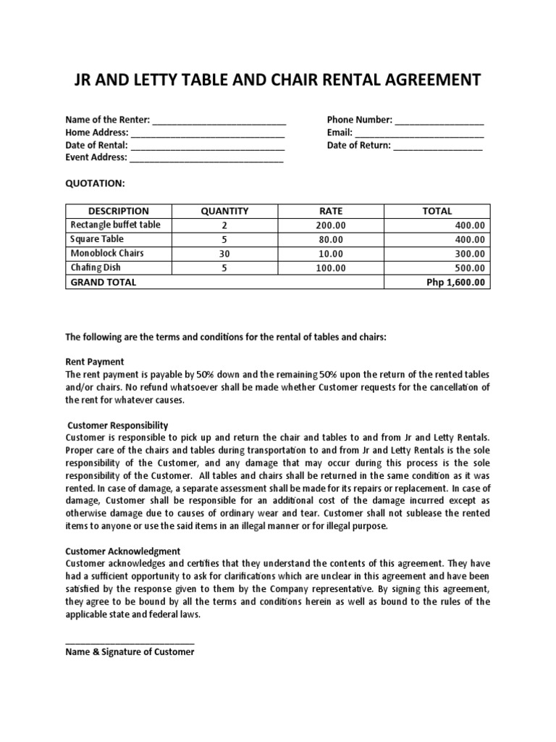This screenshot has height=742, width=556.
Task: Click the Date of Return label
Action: pyautogui.click(x=358, y=145)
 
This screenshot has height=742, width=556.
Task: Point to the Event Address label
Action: pyautogui.click(x=96, y=157)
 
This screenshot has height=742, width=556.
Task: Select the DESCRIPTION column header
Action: pyautogui.click(x=118, y=211)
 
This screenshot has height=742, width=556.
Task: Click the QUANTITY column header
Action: pyautogui.click(x=224, y=211)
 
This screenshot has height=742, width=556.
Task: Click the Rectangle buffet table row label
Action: pyautogui.click(x=115, y=225)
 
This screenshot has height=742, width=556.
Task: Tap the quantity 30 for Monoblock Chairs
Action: pyautogui.click(x=224, y=254)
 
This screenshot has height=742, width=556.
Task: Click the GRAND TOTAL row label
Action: pyautogui.click(x=103, y=283)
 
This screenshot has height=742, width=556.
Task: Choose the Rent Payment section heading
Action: pyautogui.click(x=95, y=362)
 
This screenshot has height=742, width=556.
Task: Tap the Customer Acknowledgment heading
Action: pyautogui.click(x=123, y=551)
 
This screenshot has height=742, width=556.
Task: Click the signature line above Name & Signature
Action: pyautogui.click(x=130, y=642)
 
